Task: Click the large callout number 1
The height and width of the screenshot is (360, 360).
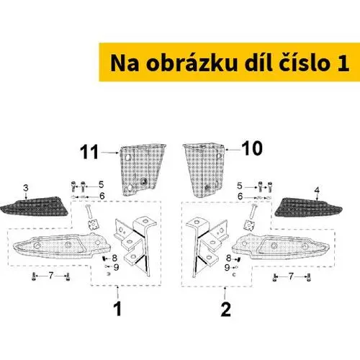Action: [117, 309]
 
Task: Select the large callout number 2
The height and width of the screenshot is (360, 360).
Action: [225, 309]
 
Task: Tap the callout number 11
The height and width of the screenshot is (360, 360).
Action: [89, 152]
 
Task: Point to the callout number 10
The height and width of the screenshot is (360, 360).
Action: [252, 148]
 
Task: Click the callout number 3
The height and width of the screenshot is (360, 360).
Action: [26, 188]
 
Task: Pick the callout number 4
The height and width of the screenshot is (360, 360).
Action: [317, 191]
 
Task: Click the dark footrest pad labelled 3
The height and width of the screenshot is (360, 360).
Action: [34, 206]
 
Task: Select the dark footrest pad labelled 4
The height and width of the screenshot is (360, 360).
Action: [309, 207]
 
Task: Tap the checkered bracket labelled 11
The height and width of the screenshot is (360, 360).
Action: [142, 170]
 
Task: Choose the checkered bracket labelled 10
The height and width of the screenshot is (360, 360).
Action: [204, 170]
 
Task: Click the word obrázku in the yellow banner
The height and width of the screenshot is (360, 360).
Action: [192, 63]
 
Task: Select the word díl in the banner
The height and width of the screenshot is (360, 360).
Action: [258, 63]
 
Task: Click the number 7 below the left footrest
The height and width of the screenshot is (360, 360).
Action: [50, 276]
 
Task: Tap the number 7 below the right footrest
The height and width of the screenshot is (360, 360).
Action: [291, 276]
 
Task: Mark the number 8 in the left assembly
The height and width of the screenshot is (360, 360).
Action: [114, 258]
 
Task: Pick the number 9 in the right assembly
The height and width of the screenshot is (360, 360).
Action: [227, 267]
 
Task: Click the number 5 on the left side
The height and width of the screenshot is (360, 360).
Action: [101, 185]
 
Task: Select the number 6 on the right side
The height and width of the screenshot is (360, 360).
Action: [240, 197]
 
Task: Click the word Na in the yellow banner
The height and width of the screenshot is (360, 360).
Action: [125, 63]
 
